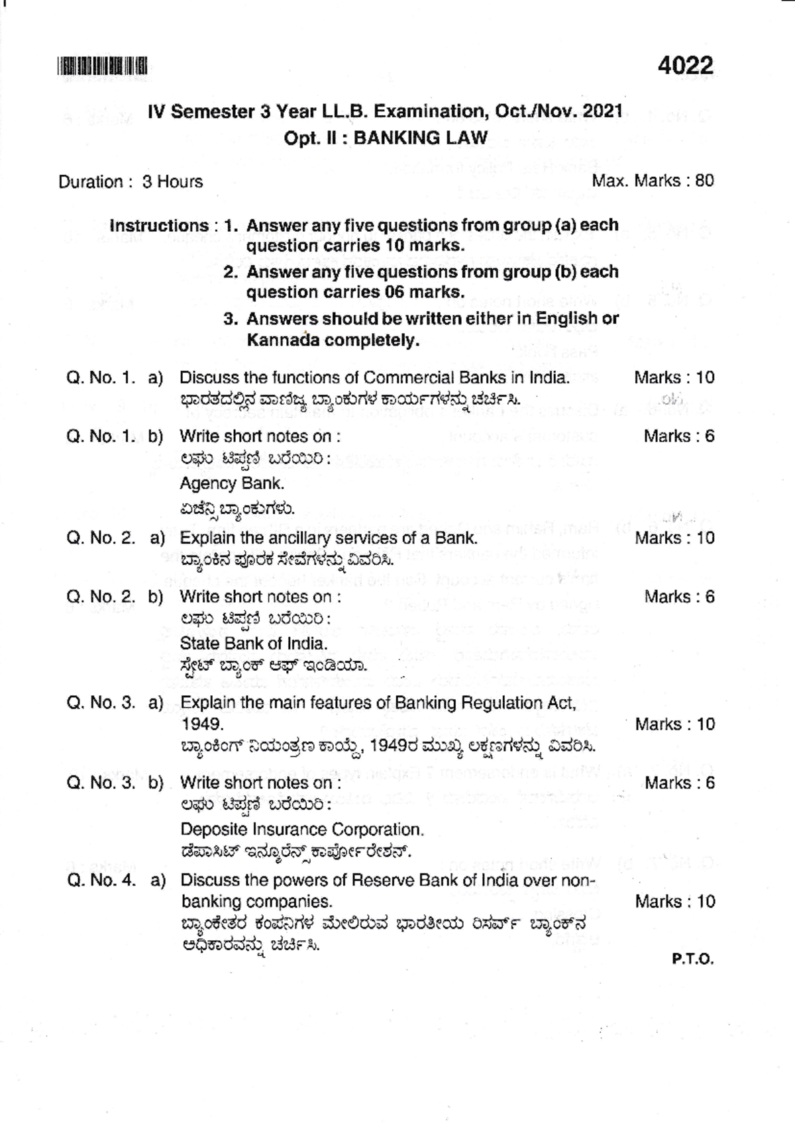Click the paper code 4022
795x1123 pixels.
coord(686,66)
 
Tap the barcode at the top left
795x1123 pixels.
coord(102,66)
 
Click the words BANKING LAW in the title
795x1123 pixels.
coord(421,138)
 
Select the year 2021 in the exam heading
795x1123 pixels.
coord(603,111)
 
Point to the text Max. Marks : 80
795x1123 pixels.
coord(653,181)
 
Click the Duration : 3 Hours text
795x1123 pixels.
coord(131,181)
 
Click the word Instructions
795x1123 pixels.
coord(159,225)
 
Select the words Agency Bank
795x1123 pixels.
coord(231,483)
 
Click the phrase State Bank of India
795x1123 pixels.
coord(254,643)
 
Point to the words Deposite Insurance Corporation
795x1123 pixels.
coord(301,829)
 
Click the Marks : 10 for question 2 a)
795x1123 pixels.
coord(674,538)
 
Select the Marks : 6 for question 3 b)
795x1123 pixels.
coord(679,783)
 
